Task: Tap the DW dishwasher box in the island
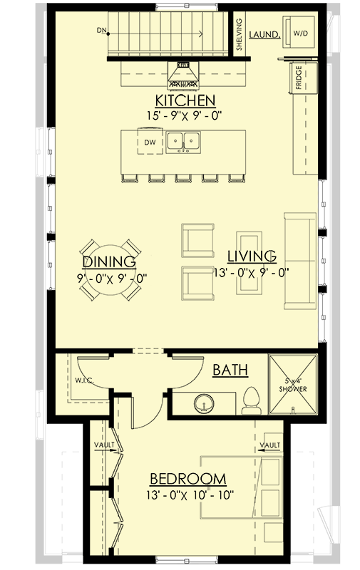[150, 142]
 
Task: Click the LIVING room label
[252, 255]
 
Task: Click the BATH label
[230, 370]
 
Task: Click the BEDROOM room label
[187, 478]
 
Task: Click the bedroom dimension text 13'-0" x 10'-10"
[187, 492]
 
